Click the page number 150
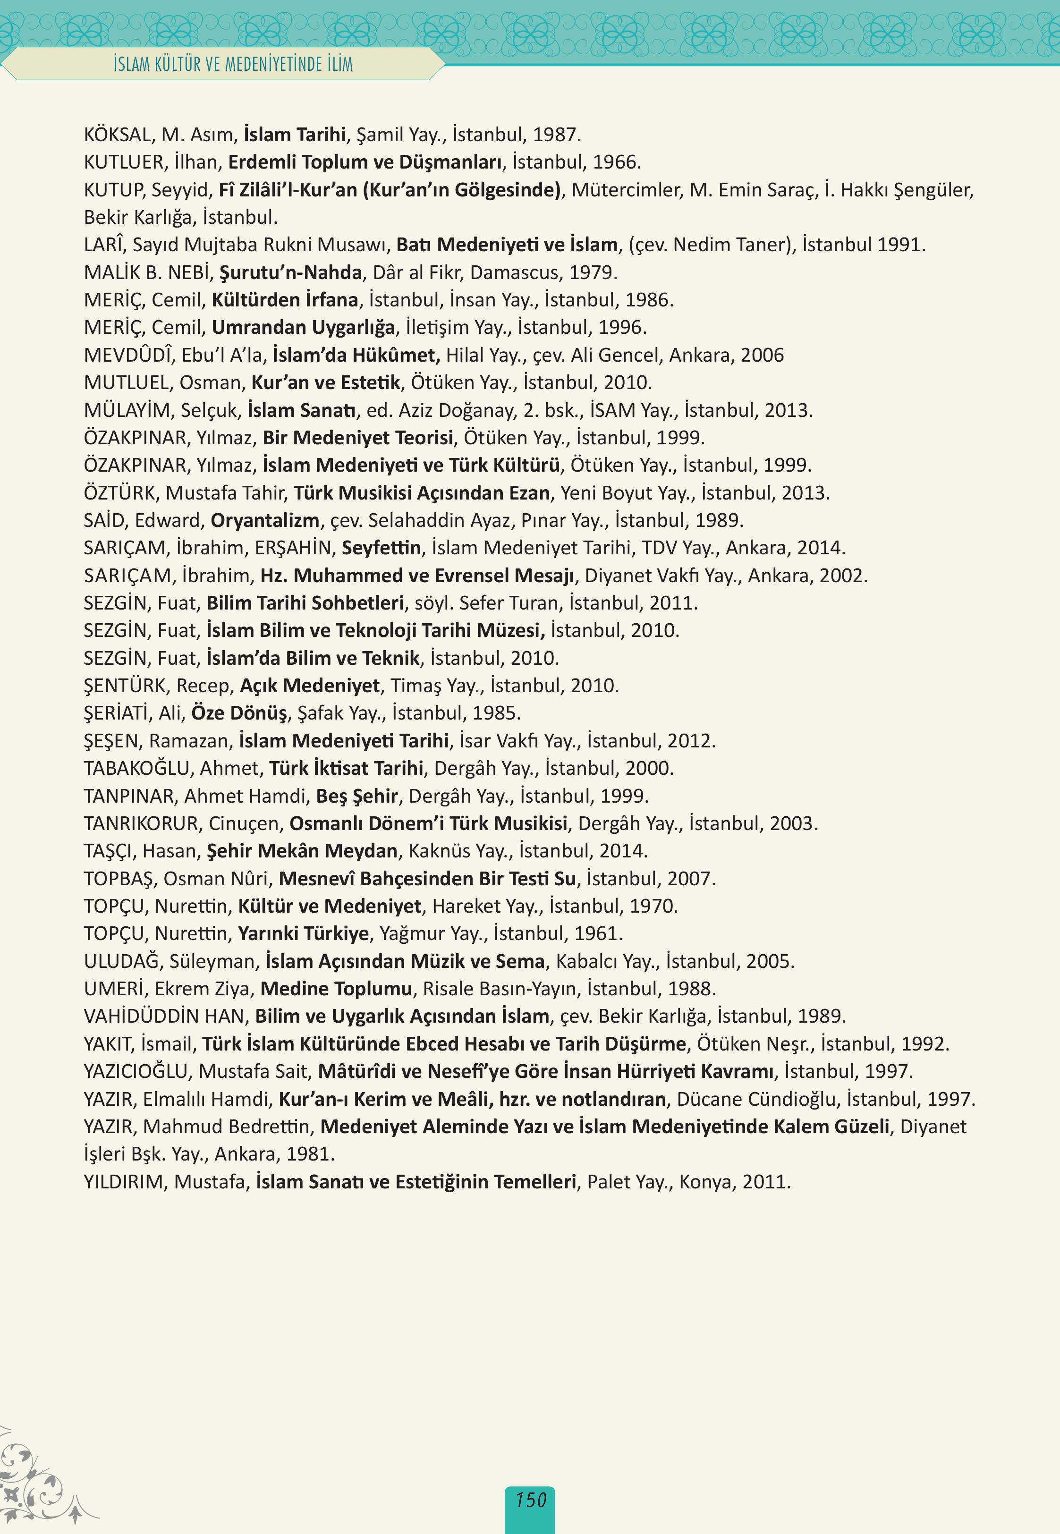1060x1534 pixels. click(530, 1500)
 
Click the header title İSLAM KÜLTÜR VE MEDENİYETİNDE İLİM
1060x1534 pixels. click(233, 64)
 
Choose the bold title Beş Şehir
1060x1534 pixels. click(356, 796)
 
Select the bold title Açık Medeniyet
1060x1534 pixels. click(309, 686)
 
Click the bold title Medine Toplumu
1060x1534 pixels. click(336, 989)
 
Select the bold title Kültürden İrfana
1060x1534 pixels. click(285, 300)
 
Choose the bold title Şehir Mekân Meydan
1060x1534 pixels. click(302, 851)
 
